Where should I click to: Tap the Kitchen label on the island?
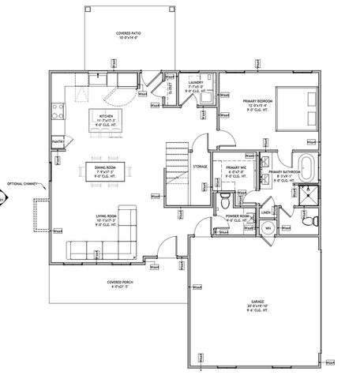click(105, 118)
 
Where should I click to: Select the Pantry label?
click(58, 141)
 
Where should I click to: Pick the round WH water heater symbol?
click(268, 228)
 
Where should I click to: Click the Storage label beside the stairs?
click(200, 167)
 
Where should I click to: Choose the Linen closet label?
click(267, 212)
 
